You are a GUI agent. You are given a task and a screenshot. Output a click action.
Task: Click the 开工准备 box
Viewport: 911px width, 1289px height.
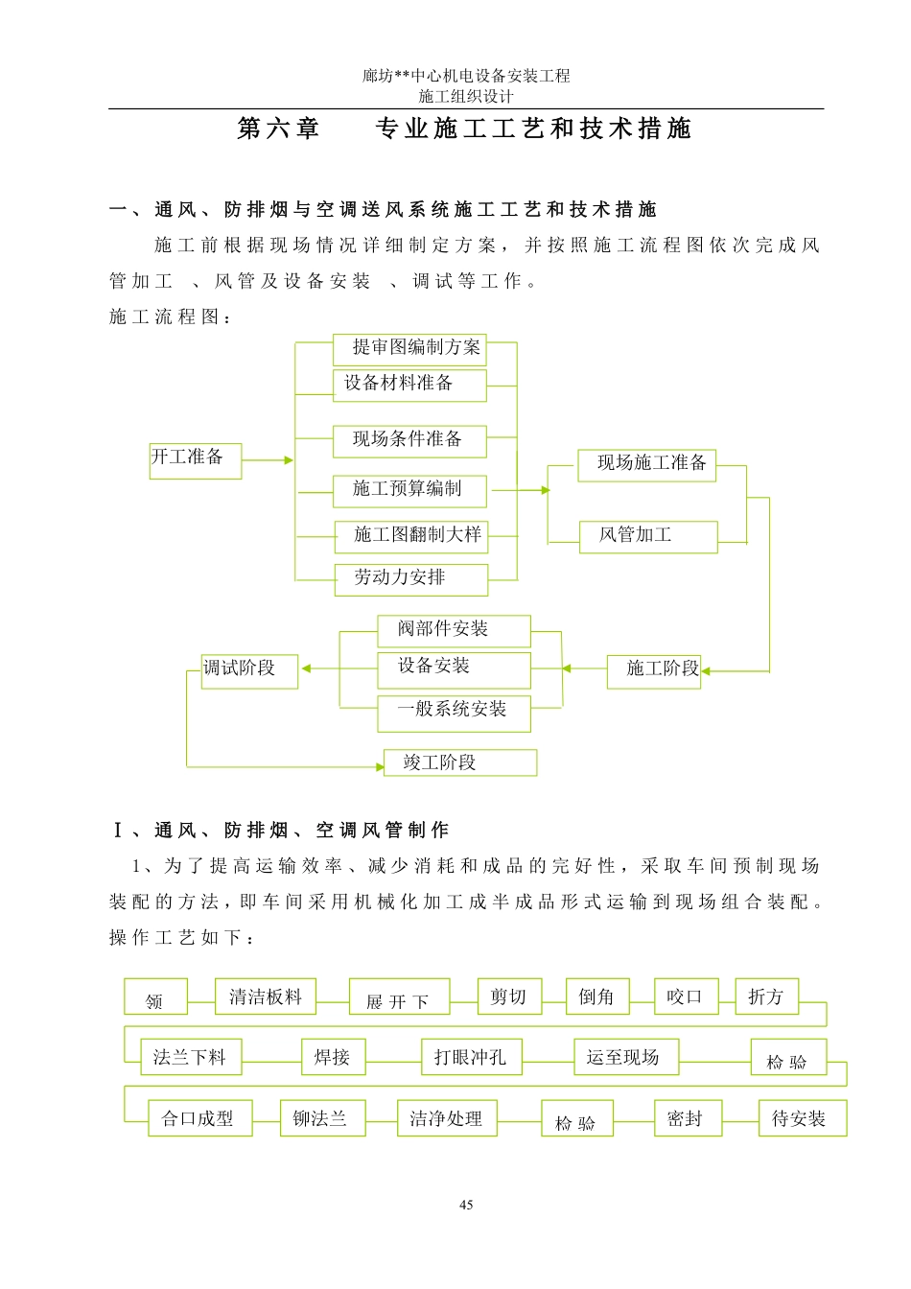tap(195, 459)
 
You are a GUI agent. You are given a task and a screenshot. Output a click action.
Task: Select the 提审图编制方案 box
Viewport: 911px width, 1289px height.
tap(409, 349)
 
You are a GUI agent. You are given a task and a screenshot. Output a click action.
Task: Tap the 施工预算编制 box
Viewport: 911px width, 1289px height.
tap(409, 490)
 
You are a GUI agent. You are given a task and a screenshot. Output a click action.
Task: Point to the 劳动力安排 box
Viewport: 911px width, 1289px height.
tap(410, 579)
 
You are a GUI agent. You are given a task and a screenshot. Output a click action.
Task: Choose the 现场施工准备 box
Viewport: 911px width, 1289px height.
tap(646, 464)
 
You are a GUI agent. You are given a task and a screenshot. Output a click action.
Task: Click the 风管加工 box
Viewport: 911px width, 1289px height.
tap(647, 536)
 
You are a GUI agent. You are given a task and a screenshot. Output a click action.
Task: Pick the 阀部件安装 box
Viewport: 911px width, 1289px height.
tap(454, 630)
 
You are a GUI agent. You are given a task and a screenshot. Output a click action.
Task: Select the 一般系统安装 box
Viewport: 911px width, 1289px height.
tap(454, 712)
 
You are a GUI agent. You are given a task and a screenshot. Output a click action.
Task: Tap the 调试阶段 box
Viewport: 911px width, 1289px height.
tap(249, 670)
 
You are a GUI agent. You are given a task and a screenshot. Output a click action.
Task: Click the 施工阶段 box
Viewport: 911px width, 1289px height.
tap(654, 670)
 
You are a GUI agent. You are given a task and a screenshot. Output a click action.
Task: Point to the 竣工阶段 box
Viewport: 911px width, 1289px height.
tap(459, 762)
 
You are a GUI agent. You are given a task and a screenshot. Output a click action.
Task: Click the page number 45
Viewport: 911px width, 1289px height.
tap(466, 1205)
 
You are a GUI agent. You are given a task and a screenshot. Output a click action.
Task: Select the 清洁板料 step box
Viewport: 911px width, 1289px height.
tap(266, 997)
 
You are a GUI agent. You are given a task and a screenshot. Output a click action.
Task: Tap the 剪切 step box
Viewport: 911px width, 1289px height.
tap(508, 996)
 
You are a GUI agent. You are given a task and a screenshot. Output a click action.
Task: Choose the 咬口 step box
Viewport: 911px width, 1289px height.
tap(686, 996)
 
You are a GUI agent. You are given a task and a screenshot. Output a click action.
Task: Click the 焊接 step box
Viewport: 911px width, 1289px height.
tap(333, 1057)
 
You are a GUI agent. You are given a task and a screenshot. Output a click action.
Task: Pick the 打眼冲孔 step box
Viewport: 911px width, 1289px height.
tap(471, 1057)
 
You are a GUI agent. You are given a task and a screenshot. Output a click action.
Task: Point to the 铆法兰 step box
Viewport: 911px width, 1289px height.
tap(321, 1118)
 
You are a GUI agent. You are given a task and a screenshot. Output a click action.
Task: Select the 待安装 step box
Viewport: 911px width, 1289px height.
tap(799, 1118)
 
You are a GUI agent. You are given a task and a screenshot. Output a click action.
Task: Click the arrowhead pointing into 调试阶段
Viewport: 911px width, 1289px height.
tap(305, 668)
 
